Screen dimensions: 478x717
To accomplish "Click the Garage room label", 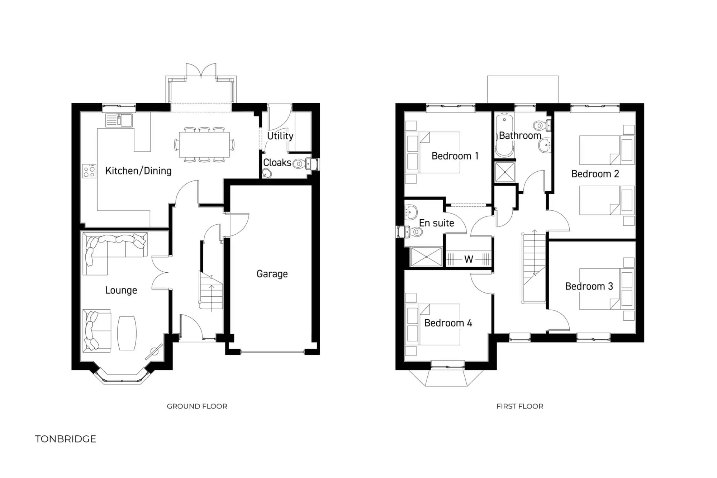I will [272, 274].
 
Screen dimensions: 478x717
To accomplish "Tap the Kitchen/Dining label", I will [138, 171].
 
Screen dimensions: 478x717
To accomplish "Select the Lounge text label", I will [121, 290].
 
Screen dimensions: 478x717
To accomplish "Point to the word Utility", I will [280, 136].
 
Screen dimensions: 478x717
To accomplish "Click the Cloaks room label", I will [277, 163].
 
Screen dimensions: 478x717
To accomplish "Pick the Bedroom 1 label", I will [455, 156].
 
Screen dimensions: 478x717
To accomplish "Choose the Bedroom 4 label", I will [448, 323].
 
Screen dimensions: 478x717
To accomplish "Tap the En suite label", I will [436, 223].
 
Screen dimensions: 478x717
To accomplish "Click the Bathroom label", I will [520, 136].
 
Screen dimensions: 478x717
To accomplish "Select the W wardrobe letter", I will [469, 259].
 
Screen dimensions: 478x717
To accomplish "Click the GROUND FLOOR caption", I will [197, 406].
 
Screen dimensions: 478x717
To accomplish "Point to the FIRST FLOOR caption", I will [520, 406].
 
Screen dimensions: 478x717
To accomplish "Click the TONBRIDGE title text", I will [66, 439].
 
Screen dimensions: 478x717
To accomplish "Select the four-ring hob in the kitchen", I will [89, 171].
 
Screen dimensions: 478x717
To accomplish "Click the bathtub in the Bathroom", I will [504, 136].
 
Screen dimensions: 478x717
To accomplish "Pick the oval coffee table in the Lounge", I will [127, 333].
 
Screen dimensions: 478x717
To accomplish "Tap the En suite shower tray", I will [426, 257].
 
